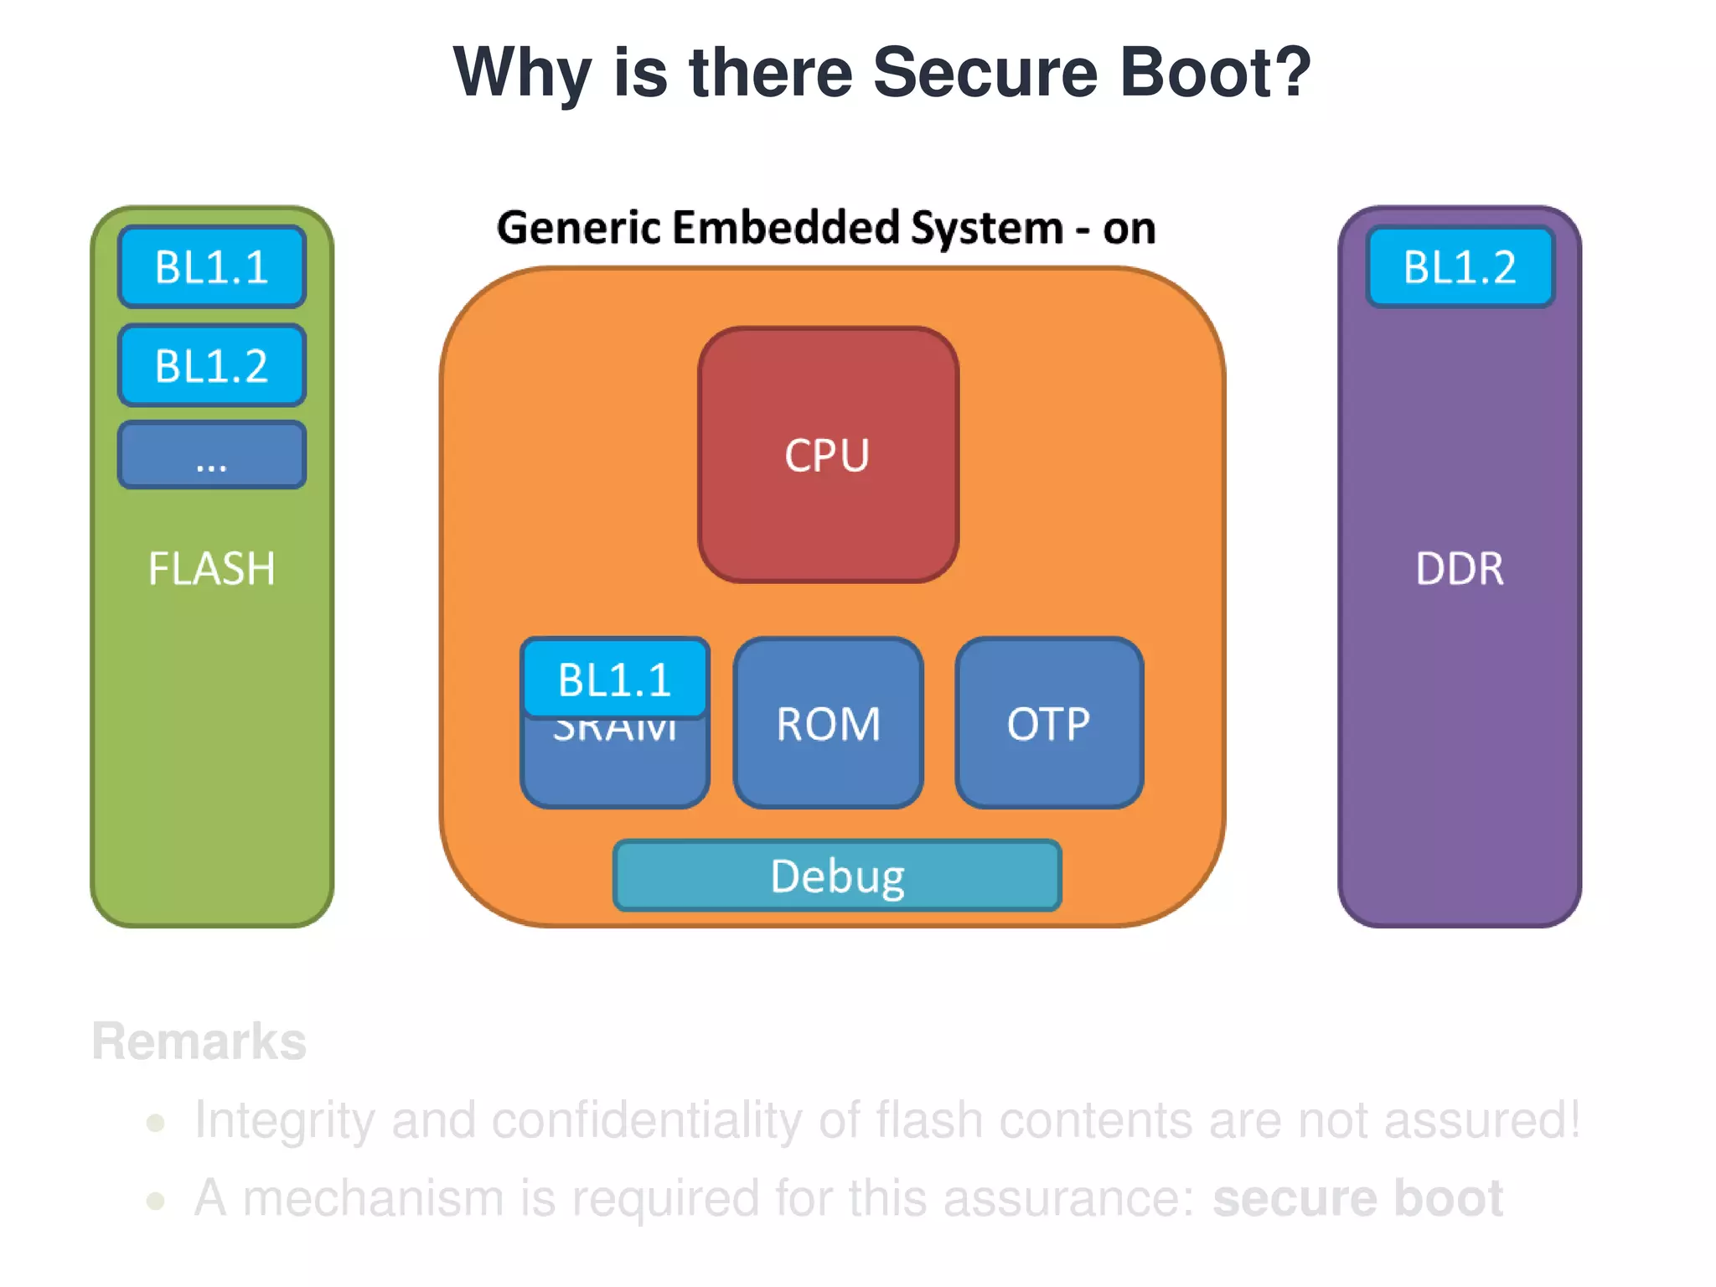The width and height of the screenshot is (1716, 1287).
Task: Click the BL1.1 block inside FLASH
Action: (211, 266)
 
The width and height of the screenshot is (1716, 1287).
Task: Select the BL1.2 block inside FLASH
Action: (211, 365)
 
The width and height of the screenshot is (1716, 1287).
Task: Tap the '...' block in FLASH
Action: (211, 455)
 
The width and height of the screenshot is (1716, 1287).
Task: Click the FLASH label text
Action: (211, 569)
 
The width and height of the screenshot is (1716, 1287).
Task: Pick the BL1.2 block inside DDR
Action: (1460, 266)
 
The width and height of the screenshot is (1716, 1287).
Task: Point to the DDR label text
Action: (1460, 569)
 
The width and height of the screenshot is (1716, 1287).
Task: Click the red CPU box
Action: (828, 455)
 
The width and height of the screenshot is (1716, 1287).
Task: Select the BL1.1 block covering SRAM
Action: (614, 679)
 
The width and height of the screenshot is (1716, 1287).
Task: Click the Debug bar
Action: (837, 876)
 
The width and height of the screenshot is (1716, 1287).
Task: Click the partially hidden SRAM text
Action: (614, 731)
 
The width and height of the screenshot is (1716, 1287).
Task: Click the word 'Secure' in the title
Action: (985, 72)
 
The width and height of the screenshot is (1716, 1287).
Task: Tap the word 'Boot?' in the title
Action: (1216, 72)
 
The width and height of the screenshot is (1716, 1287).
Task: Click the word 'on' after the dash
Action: (1129, 228)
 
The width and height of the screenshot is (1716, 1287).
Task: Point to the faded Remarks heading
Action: (199, 1041)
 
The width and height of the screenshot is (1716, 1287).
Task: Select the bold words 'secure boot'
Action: (1357, 1198)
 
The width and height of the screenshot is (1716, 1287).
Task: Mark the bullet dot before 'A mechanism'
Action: (155, 1201)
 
